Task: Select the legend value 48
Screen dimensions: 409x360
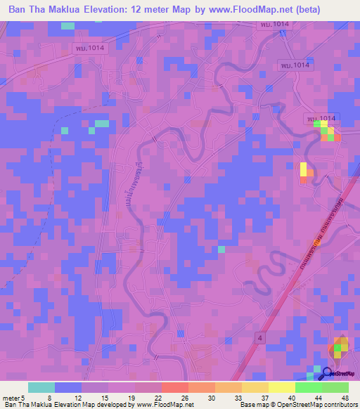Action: [345, 397]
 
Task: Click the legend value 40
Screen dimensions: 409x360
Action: [292, 397]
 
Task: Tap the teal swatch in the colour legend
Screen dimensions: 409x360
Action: [41, 387]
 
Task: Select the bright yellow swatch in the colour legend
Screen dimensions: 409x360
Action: [282, 387]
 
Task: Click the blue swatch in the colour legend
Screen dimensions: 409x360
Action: [67, 387]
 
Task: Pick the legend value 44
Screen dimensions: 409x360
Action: [319, 397]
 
